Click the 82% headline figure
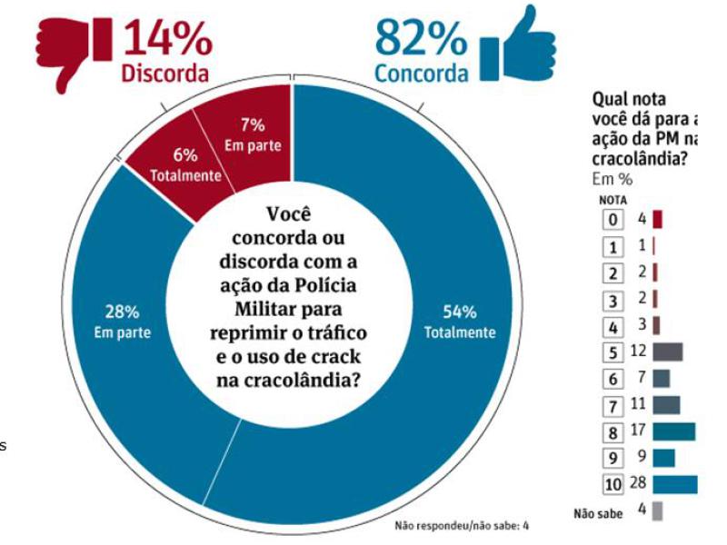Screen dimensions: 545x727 pos(421,37)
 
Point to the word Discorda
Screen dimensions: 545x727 pos(165,74)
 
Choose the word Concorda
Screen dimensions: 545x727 pos(421,74)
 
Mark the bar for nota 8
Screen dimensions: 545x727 pos(673,431)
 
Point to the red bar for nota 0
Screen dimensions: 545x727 pos(657,219)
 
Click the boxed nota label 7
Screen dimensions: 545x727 pos(614,405)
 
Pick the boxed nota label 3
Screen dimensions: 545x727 pos(614,299)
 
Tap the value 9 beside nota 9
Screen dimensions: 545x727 pos(641,458)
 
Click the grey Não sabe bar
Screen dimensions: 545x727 pos(657,511)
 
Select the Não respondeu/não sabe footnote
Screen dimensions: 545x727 pos(462,525)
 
